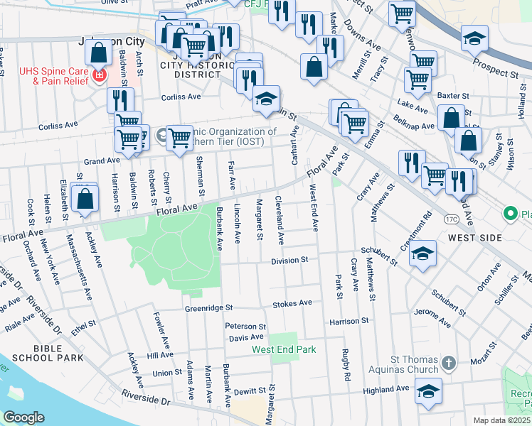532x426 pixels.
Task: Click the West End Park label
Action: tap(283, 350)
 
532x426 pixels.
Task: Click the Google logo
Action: tap(23, 417)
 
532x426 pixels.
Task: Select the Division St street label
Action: tap(289, 261)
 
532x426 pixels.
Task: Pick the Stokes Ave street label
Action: tap(292, 303)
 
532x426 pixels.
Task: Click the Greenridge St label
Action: tap(209, 308)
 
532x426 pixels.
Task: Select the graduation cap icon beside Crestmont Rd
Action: tap(422, 255)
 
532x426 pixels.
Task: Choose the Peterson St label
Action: tap(245, 326)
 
